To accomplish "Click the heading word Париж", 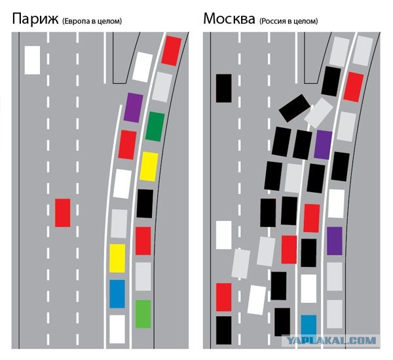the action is (x=35, y=19).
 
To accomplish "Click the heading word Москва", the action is (x=229, y=19).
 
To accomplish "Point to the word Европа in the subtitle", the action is (x=77, y=22).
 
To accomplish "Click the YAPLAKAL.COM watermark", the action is (x=331, y=340).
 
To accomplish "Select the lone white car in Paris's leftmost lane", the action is (x=32, y=60).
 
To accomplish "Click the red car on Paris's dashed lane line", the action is (x=63, y=212).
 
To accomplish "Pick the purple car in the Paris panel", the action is (x=134, y=108).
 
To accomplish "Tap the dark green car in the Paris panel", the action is (x=155, y=127).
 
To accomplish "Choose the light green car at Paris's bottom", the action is (x=143, y=314).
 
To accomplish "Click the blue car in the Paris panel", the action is (x=117, y=294).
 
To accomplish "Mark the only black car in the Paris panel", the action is (x=145, y=203).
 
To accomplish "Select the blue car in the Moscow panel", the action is (x=309, y=325).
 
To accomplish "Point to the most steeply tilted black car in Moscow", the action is (x=295, y=108).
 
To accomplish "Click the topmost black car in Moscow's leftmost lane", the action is (x=224, y=88).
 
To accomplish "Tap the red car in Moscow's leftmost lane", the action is (x=224, y=297).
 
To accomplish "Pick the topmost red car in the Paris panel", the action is (x=172, y=50).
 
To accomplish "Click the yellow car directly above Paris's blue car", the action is (x=117, y=258).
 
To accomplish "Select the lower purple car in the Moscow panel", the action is (x=335, y=241).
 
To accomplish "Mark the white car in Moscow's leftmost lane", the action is (x=224, y=235).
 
